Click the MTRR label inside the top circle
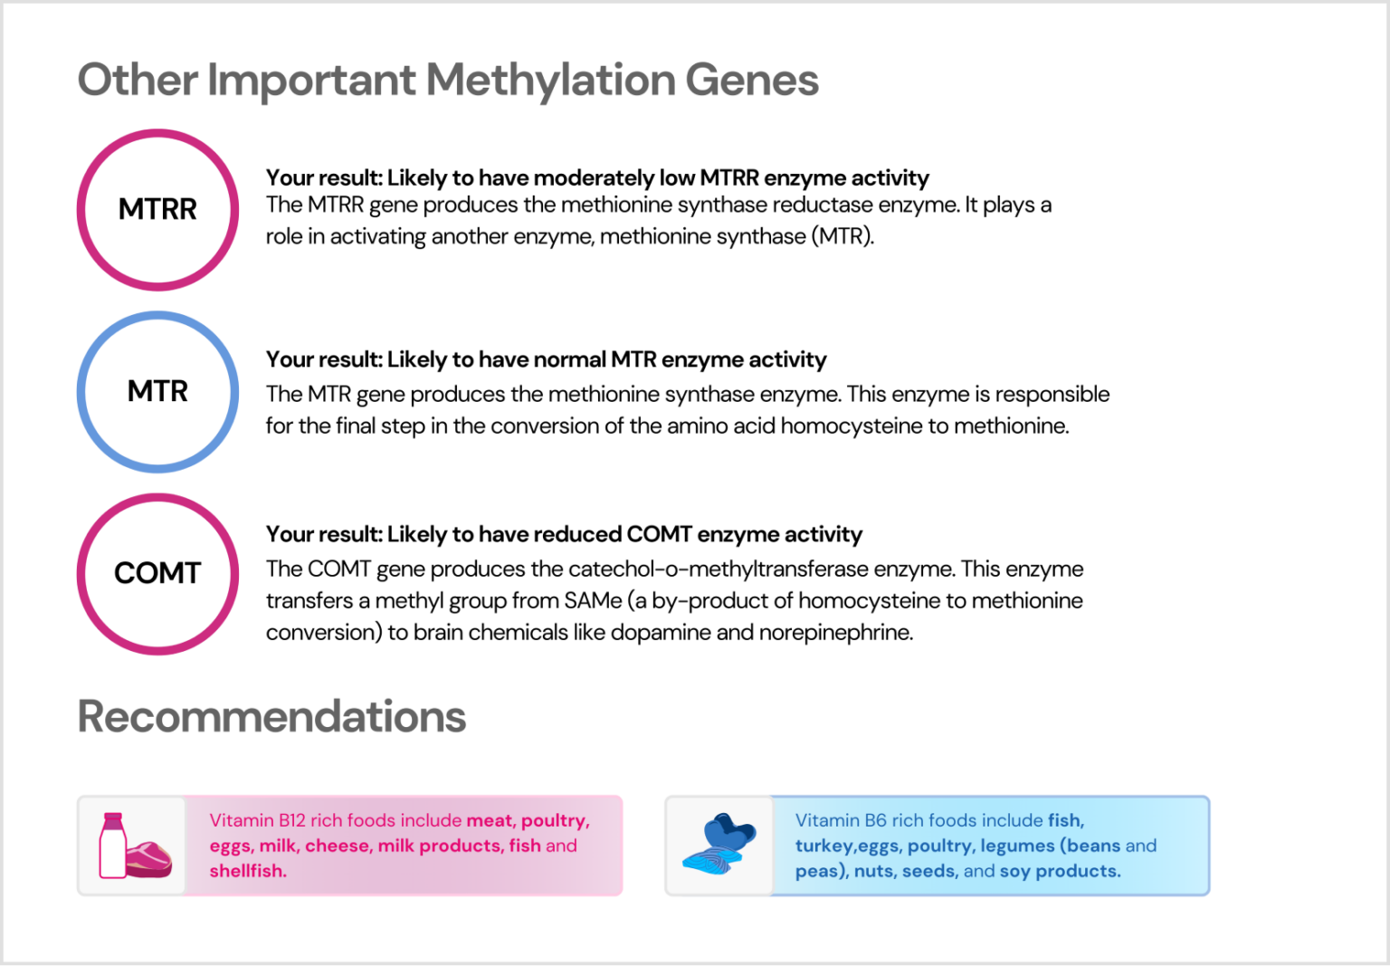(x=157, y=209)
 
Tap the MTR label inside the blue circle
(x=157, y=391)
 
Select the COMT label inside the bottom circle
(x=157, y=573)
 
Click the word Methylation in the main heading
(x=551, y=80)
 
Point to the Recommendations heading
(x=271, y=716)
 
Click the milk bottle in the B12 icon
(x=112, y=846)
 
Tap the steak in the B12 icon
(x=148, y=858)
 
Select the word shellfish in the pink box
(x=248, y=871)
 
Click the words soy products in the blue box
(x=1060, y=871)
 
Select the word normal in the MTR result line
(x=570, y=359)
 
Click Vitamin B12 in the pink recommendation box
(x=257, y=820)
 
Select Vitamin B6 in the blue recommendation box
(x=841, y=820)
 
